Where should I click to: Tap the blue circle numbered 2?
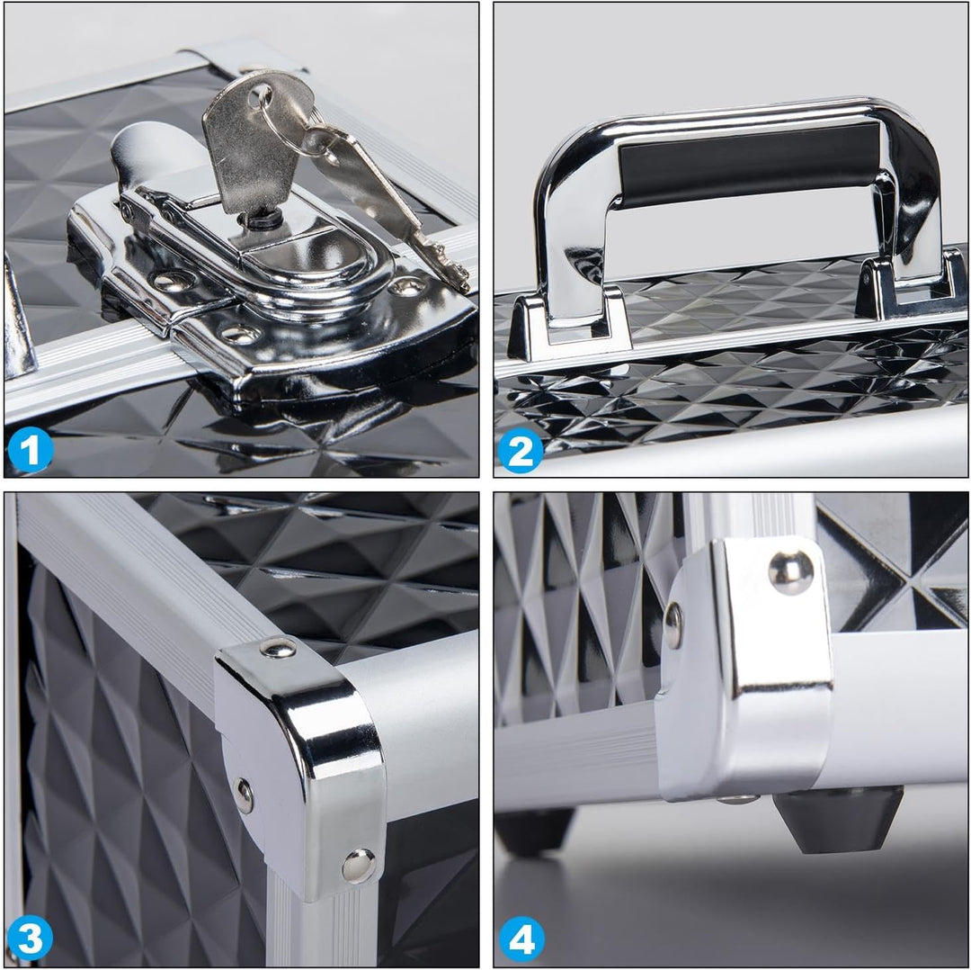click(x=521, y=450)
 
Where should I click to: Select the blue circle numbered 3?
click(x=30, y=939)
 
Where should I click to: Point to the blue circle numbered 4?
click(x=521, y=939)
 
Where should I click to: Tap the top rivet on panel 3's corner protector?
click(x=278, y=648)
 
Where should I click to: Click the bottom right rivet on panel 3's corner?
click(x=358, y=866)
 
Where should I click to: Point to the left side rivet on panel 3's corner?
click(x=244, y=795)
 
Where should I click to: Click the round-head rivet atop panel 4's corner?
click(x=791, y=572)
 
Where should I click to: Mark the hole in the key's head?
click(x=260, y=97)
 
